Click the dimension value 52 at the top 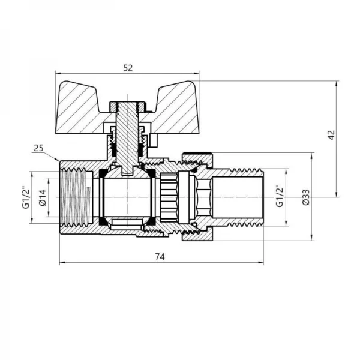(x=127, y=68)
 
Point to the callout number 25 (x=39, y=148)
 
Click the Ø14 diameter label (x=42, y=197)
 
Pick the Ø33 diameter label (x=306, y=197)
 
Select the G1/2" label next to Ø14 (x=26, y=197)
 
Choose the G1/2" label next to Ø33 (x=280, y=197)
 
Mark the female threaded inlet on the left (x=75, y=197)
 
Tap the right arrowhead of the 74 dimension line (x=262, y=263)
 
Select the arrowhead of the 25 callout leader (x=57, y=161)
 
